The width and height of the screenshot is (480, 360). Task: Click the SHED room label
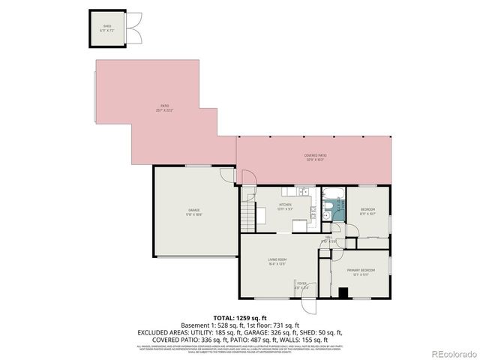click(107, 26)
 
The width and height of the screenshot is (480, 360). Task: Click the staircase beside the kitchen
click(247, 220)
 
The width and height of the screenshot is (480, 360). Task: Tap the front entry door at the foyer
click(307, 306)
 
